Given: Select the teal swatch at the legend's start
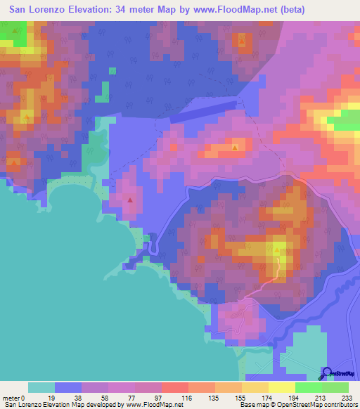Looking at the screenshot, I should tap(41, 387).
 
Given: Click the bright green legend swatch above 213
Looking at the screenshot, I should tap(309, 387).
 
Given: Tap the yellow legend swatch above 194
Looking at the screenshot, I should tap(281, 387).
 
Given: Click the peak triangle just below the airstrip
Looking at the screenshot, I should tap(235, 148).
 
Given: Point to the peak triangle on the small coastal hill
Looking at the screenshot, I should tap(130, 200).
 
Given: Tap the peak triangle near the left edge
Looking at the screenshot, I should tap(13, 164).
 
